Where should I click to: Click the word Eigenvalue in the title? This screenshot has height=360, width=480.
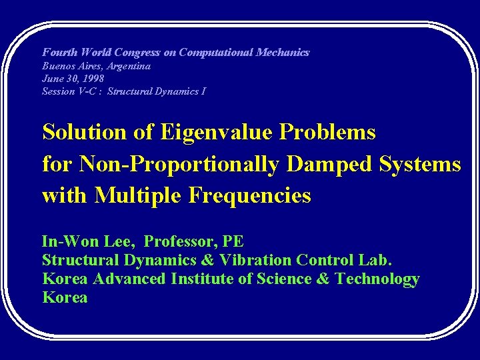click(x=215, y=133)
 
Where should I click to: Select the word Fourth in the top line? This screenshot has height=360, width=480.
click(x=59, y=52)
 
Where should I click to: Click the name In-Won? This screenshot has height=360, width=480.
click(x=69, y=241)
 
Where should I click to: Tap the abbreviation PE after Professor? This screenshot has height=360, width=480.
click(x=234, y=241)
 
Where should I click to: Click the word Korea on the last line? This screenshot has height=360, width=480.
click(x=65, y=297)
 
